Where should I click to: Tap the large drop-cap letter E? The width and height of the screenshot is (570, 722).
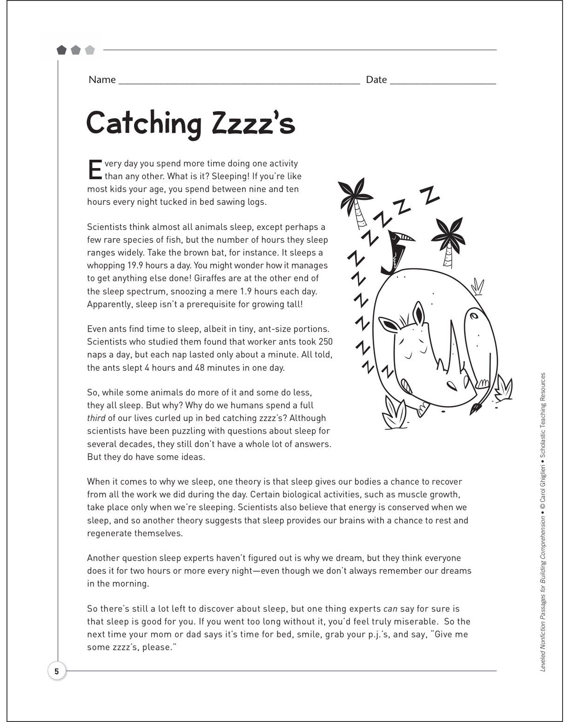coord(94,170)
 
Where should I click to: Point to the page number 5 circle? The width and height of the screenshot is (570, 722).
coord(57,671)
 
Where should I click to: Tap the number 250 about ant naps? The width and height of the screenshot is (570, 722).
coord(324,342)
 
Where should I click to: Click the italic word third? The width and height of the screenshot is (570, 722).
coord(96,418)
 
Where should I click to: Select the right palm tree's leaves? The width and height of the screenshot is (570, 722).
coord(448,233)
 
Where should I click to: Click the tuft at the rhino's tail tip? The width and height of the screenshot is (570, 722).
coord(476,409)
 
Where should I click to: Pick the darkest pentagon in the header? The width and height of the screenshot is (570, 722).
coord(61,50)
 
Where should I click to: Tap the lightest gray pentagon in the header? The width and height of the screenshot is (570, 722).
coord(90,50)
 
